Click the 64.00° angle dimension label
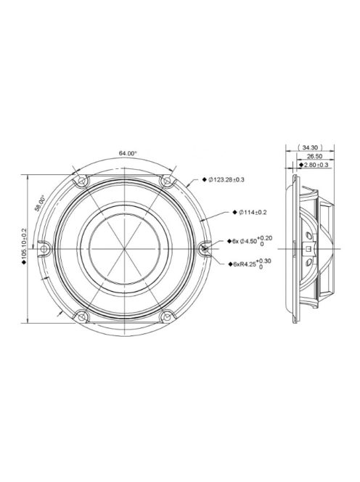pyautogui.click(x=127, y=153)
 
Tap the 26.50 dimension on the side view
pyautogui.click(x=314, y=155)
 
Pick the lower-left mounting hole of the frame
pyautogui.click(x=82, y=315)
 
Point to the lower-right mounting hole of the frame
pyautogui.click(x=168, y=315)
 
